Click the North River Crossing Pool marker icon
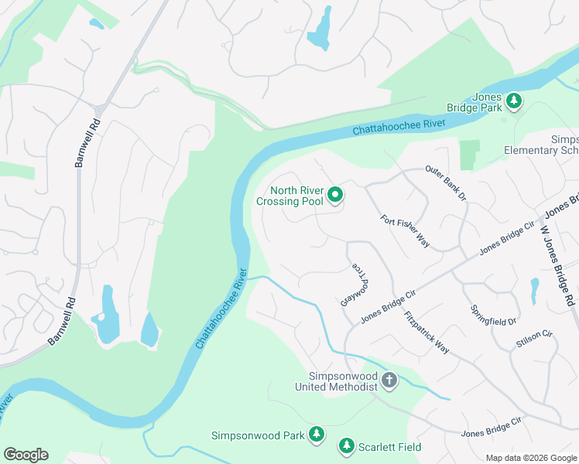(335, 196)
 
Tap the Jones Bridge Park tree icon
(513, 101)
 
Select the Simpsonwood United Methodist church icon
(389, 380)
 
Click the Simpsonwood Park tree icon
(316, 435)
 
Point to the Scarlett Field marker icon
(346, 446)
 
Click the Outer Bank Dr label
(446, 183)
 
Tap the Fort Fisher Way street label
(405, 231)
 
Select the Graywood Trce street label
(353, 284)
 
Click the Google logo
(26, 455)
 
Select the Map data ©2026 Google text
(530, 458)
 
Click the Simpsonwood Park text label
(258, 435)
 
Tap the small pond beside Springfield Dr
(534, 290)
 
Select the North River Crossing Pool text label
(290, 196)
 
